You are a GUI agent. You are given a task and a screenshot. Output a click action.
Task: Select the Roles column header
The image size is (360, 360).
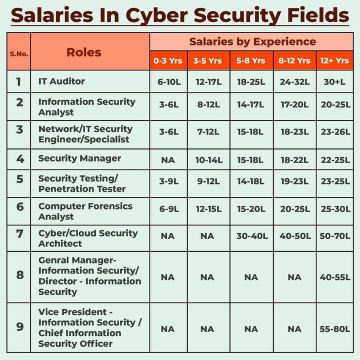pyautogui.click(x=84, y=52)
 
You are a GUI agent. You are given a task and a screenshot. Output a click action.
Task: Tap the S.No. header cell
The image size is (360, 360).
pyautogui.click(x=19, y=52)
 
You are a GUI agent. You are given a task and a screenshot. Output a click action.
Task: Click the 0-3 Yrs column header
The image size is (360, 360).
pyautogui.click(x=168, y=60)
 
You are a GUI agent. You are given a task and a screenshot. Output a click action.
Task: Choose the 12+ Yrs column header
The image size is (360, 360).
pyautogui.click(x=334, y=60)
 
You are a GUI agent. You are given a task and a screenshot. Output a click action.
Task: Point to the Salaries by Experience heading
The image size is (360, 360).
pyautogui.click(x=252, y=41)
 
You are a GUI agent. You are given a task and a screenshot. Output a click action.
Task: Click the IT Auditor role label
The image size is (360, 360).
pyautogui.click(x=61, y=81)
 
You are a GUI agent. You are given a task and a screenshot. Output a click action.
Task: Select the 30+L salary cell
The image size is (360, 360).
pyautogui.click(x=334, y=81)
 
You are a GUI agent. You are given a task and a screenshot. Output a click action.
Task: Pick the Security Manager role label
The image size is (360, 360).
pyautogui.click(x=79, y=158)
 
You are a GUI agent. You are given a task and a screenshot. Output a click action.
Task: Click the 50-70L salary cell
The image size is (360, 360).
pyautogui.click(x=334, y=236)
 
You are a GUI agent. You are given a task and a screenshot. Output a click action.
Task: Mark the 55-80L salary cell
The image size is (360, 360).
pyautogui.click(x=334, y=329)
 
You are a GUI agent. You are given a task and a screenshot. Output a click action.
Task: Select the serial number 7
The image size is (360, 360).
pyautogui.click(x=19, y=233)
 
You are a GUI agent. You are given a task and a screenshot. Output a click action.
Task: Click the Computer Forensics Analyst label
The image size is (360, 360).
pyautogui.click(x=85, y=211)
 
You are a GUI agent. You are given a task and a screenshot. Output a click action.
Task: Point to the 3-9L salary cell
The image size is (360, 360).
pyautogui.click(x=168, y=181)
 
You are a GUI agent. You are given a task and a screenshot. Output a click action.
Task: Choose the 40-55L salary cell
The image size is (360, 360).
pyautogui.click(x=334, y=277)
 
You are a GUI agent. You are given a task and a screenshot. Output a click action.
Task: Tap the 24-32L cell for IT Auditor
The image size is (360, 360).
pyautogui.click(x=294, y=81)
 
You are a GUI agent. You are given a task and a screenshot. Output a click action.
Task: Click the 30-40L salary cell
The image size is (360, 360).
pyautogui.click(x=251, y=236)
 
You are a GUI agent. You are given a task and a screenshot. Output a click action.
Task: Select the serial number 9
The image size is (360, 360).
pyautogui.click(x=19, y=327)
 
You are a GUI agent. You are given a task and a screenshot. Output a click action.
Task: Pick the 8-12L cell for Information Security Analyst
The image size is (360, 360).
pyautogui.click(x=208, y=105)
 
